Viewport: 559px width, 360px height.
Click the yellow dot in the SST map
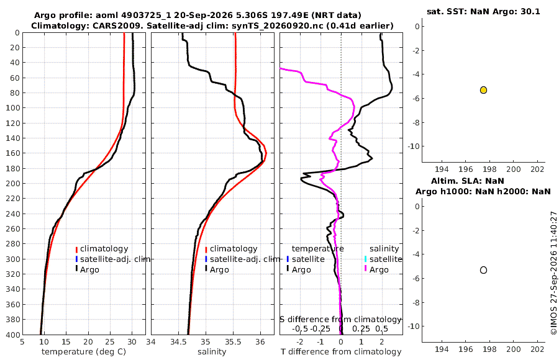click(x=483, y=90)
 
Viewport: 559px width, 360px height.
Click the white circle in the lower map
click(x=483, y=270)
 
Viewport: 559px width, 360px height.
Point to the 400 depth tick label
click(x=12, y=335)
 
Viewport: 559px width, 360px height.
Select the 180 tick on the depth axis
click(x=12, y=168)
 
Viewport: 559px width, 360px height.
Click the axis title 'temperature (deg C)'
click(x=84, y=352)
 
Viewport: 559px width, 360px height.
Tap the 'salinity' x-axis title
click(x=212, y=352)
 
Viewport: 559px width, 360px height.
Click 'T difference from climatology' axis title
click(x=341, y=352)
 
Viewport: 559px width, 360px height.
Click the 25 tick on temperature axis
click(x=110, y=342)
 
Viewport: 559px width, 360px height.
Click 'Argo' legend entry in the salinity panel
click(x=219, y=270)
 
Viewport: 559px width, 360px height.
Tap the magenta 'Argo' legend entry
click(x=379, y=270)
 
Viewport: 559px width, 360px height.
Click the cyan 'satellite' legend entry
click(x=386, y=259)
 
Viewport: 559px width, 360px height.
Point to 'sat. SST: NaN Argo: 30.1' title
click(x=483, y=11)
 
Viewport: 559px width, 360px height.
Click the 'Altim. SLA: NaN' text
click(x=467, y=181)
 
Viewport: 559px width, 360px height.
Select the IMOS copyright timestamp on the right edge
click(x=553, y=273)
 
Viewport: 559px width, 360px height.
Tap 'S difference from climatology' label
click(x=341, y=320)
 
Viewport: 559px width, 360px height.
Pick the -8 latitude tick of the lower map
click(x=415, y=303)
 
